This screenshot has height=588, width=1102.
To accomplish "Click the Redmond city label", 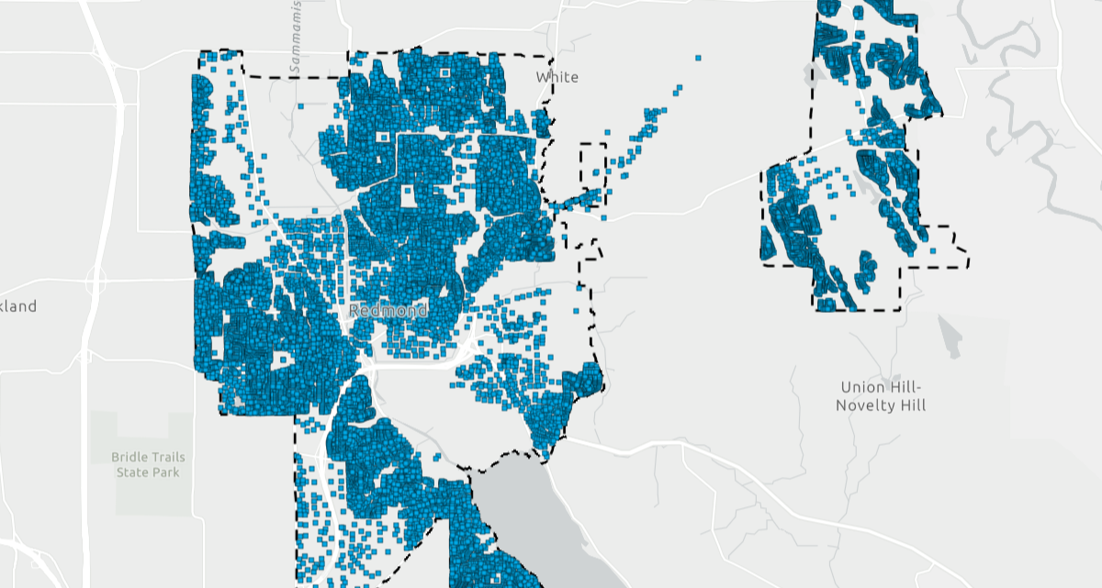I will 388,311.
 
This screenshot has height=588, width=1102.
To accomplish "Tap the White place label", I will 557,77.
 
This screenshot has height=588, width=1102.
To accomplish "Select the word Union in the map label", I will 860,387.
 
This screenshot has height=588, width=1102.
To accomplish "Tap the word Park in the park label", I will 166,472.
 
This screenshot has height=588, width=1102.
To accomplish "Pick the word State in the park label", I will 133,472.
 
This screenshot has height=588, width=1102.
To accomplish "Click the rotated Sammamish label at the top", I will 295,37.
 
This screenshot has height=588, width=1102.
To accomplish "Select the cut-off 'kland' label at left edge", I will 18,305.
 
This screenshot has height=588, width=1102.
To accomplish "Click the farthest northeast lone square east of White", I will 698,58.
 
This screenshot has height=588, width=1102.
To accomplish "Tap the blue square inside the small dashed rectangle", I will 594,172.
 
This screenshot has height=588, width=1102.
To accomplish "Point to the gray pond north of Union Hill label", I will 950,338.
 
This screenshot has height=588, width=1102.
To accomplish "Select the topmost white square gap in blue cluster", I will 445,72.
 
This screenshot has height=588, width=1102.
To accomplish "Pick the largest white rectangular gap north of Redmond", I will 408,195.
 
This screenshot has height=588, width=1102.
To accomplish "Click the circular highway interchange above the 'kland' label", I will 96,280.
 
